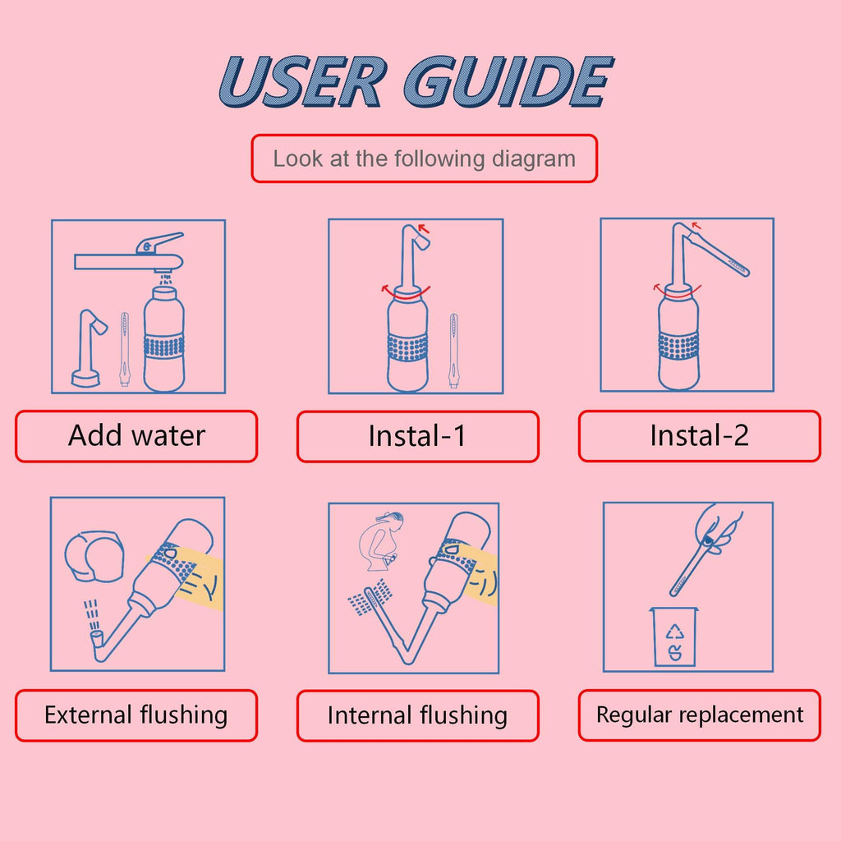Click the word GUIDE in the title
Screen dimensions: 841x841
coord(508,82)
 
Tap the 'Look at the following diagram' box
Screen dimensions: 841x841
coord(424,159)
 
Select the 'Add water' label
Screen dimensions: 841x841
coord(136,436)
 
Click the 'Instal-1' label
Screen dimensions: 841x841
coord(417,436)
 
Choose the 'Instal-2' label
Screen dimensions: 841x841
coord(699,436)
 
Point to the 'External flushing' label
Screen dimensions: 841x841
coord(136,715)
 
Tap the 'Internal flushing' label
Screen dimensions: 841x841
coord(417,715)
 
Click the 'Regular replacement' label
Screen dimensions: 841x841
coord(699,715)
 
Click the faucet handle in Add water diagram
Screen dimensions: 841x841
coord(160,241)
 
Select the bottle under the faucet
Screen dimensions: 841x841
coord(164,337)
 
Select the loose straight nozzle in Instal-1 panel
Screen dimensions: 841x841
coord(453,349)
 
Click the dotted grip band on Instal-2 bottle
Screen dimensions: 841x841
coord(678,345)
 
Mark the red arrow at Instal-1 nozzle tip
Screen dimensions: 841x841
coord(424,228)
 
